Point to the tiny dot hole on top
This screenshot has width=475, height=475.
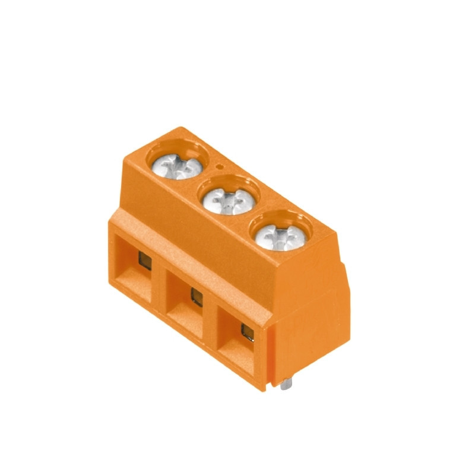tap(220, 167)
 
